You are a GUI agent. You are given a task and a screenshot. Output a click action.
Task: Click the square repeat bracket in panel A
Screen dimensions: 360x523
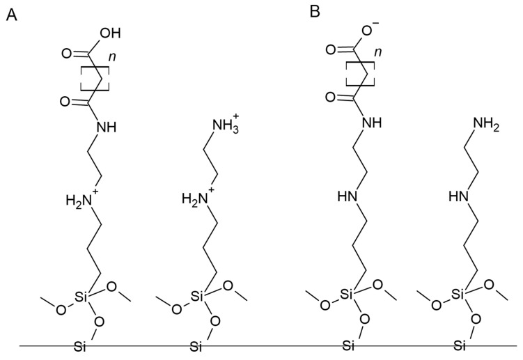coord(95,77)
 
